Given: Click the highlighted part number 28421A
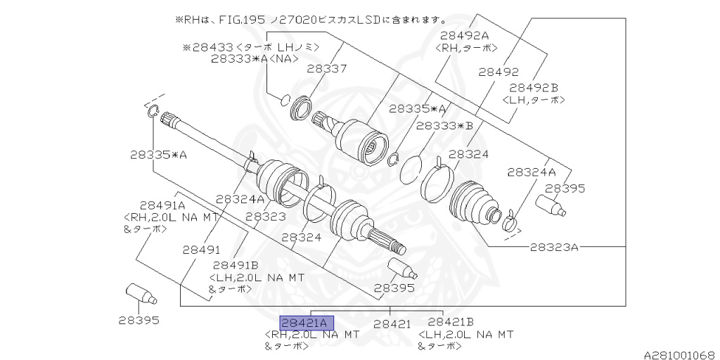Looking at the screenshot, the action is tap(307, 323).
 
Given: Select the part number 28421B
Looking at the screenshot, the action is tap(451, 322).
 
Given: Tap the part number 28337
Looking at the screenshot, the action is tap(327, 69).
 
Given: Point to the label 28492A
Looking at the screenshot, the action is tap(465, 35).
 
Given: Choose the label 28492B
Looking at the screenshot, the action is tap(534, 88).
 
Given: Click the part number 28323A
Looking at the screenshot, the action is tap(554, 247).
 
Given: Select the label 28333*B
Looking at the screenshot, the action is tap(444, 126).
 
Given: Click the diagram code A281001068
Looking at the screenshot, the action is tap(681, 355).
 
